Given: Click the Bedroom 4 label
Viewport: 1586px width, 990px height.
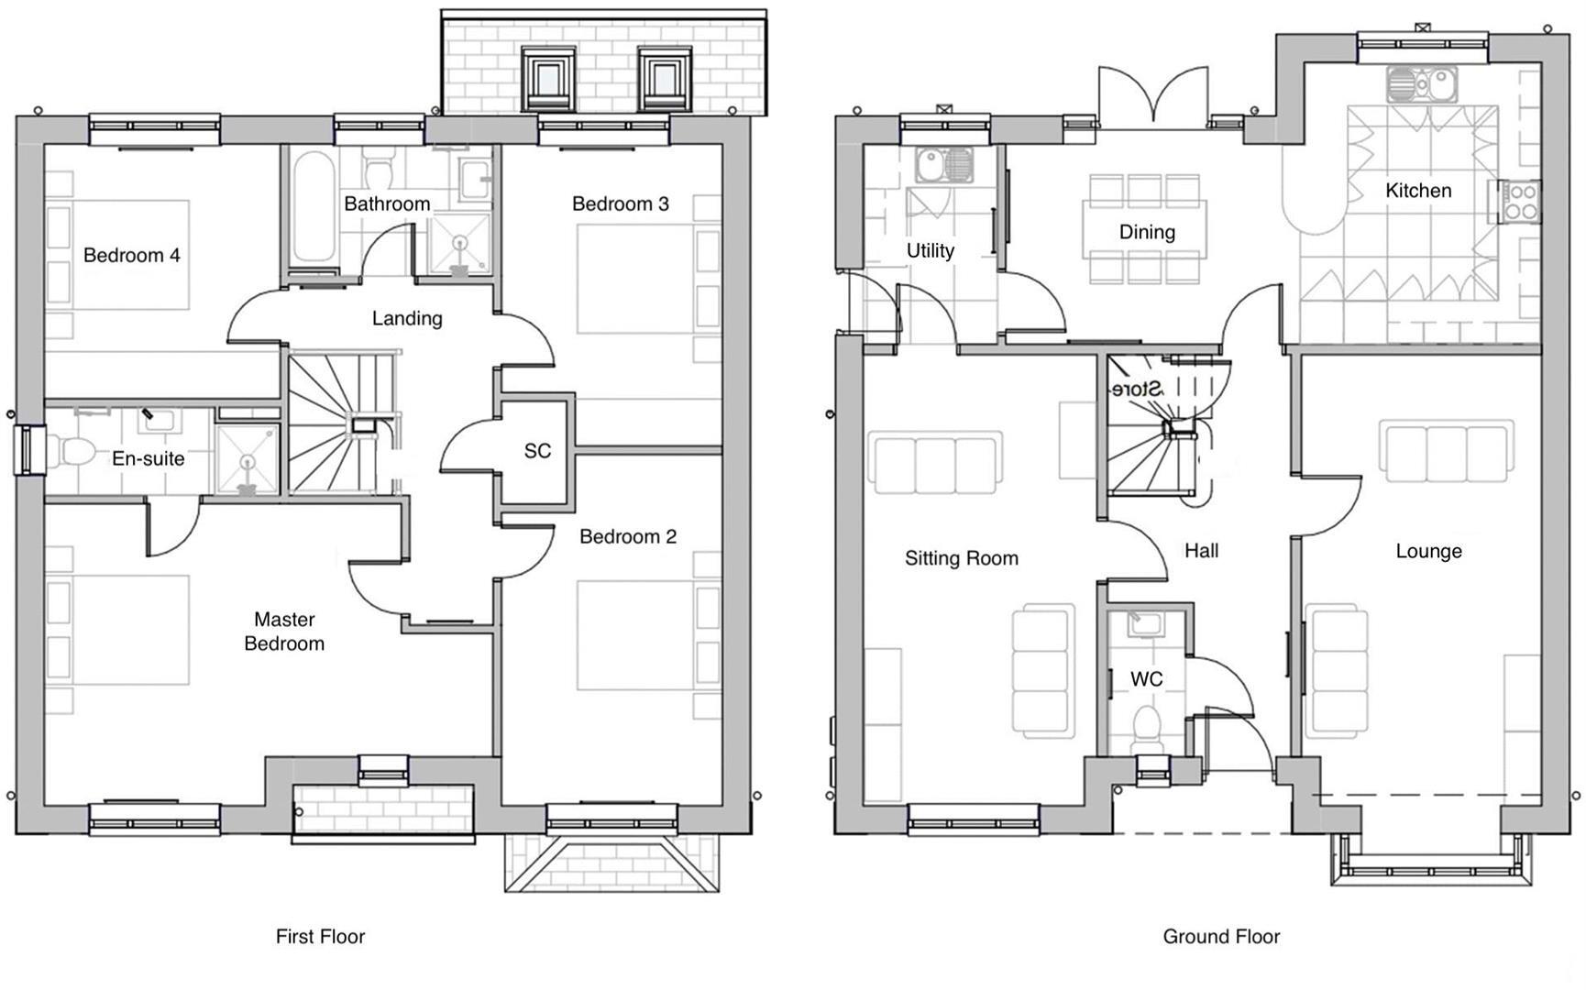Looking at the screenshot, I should (x=131, y=255).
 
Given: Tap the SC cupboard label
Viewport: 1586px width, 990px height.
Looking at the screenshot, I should (x=537, y=450).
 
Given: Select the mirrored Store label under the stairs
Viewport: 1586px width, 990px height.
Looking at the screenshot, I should (x=1137, y=389).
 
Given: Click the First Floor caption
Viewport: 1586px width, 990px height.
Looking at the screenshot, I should (x=320, y=936).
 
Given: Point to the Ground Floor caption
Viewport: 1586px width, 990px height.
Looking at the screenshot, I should (x=1221, y=936).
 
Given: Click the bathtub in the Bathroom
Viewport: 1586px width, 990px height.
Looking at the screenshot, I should (x=314, y=209).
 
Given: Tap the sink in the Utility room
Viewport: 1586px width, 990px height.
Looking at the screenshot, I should (x=944, y=166).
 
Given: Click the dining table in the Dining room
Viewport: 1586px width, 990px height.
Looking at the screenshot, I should (x=1145, y=231).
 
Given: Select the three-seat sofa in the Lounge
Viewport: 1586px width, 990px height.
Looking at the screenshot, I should (x=1446, y=452).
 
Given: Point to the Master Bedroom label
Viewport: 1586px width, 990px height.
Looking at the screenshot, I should (x=284, y=632).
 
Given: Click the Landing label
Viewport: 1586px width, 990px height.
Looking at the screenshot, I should (x=407, y=318).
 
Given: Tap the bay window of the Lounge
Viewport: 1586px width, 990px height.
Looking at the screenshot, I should (x=1429, y=865).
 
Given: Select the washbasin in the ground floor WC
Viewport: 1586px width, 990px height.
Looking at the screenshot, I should (x=1145, y=624).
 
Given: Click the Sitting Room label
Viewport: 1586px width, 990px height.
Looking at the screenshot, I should (x=961, y=558).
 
